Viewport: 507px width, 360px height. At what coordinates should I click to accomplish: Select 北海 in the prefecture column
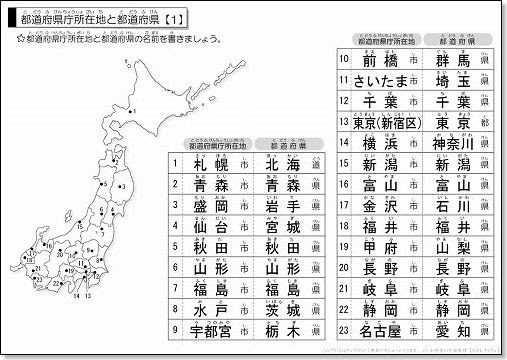click(281, 164)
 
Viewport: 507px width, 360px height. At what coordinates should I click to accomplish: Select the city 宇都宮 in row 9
click(211, 331)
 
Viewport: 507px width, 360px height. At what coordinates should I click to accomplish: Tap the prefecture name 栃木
click(281, 331)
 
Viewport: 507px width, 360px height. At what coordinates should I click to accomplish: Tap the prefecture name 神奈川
click(452, 144)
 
